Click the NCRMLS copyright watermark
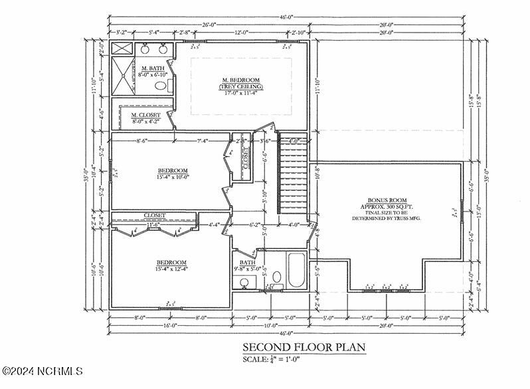(x=42, y=370)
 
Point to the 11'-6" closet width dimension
(x=154, y=225)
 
